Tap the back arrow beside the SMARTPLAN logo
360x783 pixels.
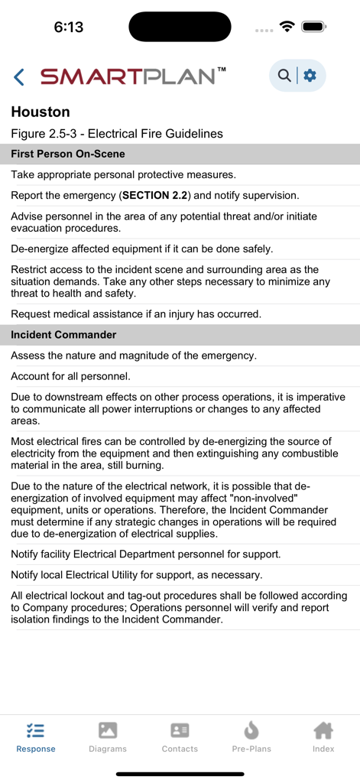coord(19,76)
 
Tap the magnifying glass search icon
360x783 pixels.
coord(284,75)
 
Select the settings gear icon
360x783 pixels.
coord(310,75)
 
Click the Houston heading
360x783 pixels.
coord(41,112)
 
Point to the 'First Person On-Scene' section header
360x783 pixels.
coord(67,154)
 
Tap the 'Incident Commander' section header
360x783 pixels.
coord(63,335)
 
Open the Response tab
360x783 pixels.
coord(35,737)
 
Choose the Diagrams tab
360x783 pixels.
coord(108,737)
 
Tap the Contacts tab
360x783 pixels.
coord(180,737)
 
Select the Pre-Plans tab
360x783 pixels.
coord(251,737)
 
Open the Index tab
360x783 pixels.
coord(323,737)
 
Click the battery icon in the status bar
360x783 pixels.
coord(313,27)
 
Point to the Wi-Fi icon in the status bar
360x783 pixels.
coord(287,27)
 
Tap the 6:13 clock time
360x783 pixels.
coord(68,28)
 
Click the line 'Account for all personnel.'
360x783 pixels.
coord(70,376)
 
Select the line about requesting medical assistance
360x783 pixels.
coord(136,314)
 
